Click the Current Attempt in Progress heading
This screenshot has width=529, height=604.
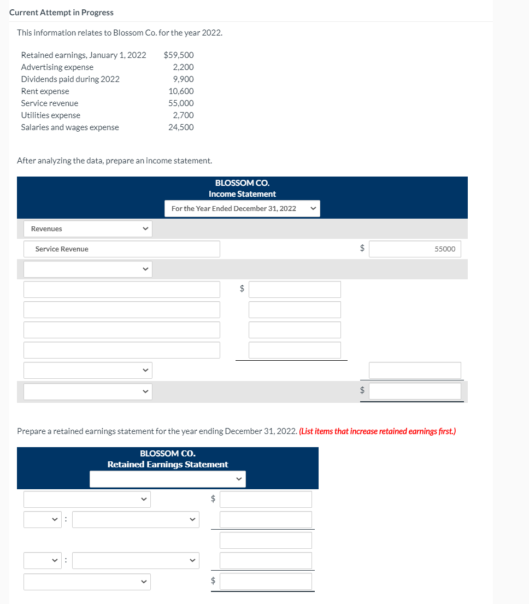coord(61,12)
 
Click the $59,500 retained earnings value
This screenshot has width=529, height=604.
coord(179,55)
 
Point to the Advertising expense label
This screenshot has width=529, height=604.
coord(57,67)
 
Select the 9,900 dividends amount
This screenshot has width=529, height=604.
coord(183,79)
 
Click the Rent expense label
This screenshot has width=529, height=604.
coord(45,91)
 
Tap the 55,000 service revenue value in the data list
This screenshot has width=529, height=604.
coord(181,103)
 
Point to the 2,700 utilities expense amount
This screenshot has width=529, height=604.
coord(183,115)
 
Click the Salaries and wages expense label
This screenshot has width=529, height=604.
coord(69,127)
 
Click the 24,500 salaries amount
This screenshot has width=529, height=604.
coord(181,127)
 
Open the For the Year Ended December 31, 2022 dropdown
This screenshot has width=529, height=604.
coord(242,208)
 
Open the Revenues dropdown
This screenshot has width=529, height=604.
coord(87,228)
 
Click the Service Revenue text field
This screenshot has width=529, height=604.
coord(121,249)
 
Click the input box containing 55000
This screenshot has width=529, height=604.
coord(415,249)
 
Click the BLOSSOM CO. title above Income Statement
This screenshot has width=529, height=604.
coord(242,183)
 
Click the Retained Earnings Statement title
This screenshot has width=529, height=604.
coord(168,464)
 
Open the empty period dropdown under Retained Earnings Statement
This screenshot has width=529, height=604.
coord(167,479)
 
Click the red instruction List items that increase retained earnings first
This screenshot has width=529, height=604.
coord(377,431)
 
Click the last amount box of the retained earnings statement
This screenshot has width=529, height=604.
coord(266,581)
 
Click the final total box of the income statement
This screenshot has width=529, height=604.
coord(415,391)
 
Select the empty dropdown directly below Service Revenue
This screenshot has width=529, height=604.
coord(87,269)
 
